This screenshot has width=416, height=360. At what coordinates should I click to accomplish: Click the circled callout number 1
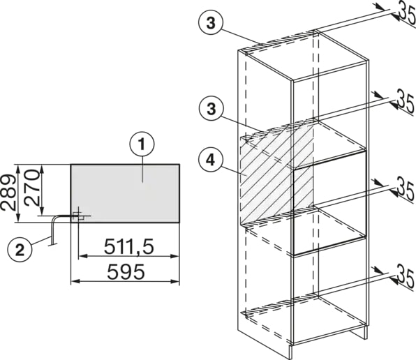[x=142, y=144]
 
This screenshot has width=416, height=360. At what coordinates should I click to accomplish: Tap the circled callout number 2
[x=20, y=250]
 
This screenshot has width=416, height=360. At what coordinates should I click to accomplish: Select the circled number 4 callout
[x=211, y=160]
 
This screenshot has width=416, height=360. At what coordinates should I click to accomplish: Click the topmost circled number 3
[x=211, y=23]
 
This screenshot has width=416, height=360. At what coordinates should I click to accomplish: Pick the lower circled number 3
[x=211, y=109]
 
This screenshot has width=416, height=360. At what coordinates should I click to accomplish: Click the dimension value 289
[x=8, y=192]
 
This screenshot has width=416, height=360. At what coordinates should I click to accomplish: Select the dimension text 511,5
[x=128, y=246]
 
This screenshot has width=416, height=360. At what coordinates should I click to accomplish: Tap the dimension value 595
[x=126, y=271]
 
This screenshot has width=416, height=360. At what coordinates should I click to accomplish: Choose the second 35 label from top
[x=405, y=101]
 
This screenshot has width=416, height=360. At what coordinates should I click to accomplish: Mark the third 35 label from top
[x=405, y=191]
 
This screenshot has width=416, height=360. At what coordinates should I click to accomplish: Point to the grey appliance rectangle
[x=125, y=193]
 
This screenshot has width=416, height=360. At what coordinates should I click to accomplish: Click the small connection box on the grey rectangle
[x=78, y=216]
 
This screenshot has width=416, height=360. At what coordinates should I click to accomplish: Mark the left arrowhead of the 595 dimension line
[x=75, y=281]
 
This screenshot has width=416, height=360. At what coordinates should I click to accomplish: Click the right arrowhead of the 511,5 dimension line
[x=174, y=256]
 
